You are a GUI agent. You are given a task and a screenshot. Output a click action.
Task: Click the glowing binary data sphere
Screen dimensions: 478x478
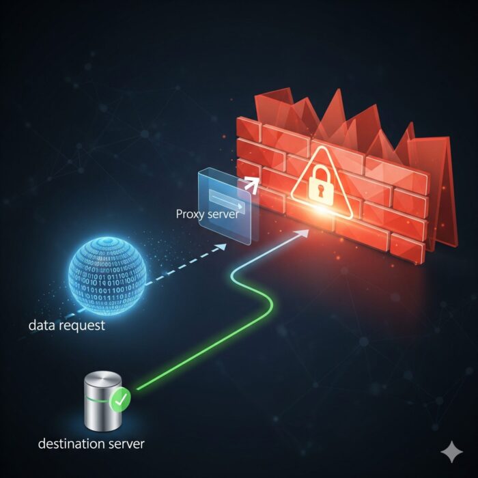[x=107, y=276]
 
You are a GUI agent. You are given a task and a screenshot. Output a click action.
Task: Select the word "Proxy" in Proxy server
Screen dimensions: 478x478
[x=189, y=214]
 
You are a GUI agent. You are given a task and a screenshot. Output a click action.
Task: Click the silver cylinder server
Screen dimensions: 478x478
[x=103, y=400]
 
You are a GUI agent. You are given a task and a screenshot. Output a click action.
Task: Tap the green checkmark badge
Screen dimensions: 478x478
[x=121, y=399]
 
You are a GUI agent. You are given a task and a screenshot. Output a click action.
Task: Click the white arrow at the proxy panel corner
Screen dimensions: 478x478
[x=251, y=184]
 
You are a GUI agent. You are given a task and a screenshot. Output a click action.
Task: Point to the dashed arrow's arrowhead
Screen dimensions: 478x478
[x=222, y=247]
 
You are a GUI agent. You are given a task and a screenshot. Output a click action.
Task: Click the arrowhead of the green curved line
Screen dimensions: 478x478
[x=303, y=233]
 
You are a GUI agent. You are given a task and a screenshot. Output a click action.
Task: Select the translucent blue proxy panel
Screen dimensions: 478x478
[x=225, y=206]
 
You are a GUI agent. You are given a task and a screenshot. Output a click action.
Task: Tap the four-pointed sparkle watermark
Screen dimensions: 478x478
[x=452, y=451]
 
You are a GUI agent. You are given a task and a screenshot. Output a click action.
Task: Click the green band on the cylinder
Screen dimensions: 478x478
[x=97, y=399]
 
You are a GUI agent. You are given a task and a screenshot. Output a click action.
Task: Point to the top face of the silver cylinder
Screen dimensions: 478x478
[x=103, y=378]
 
